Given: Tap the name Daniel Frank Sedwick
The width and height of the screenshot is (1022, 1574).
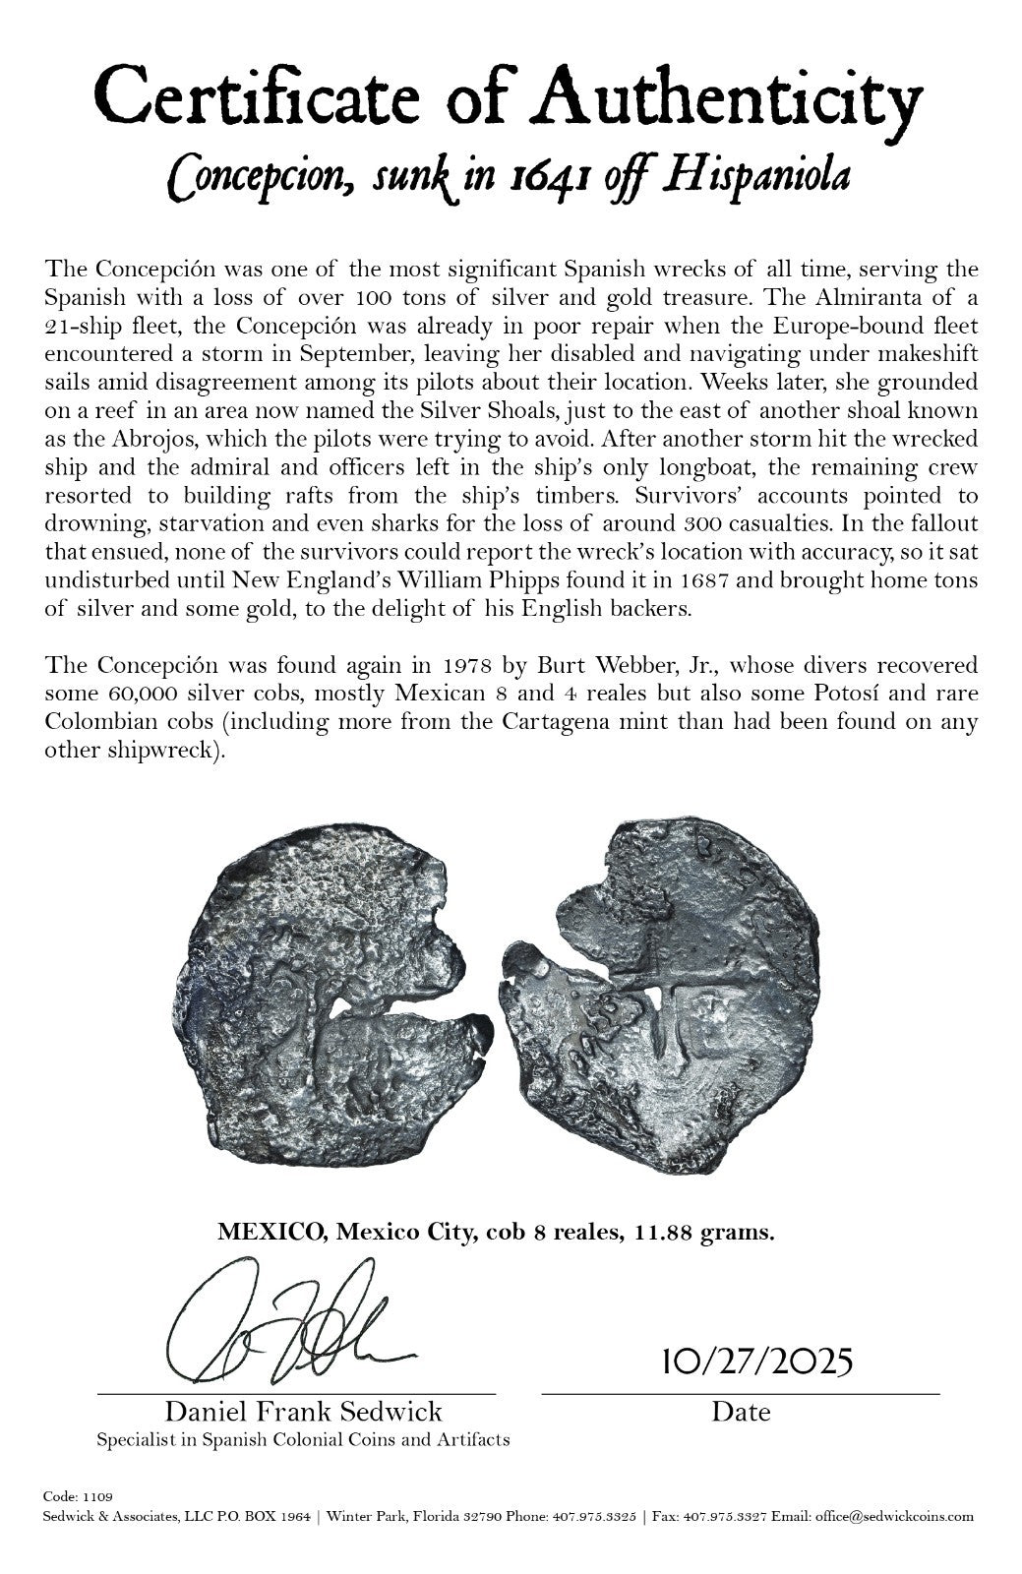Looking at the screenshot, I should click(x=303, y=1413).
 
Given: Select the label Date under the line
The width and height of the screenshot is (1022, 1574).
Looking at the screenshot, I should click(x=741, y=1413).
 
